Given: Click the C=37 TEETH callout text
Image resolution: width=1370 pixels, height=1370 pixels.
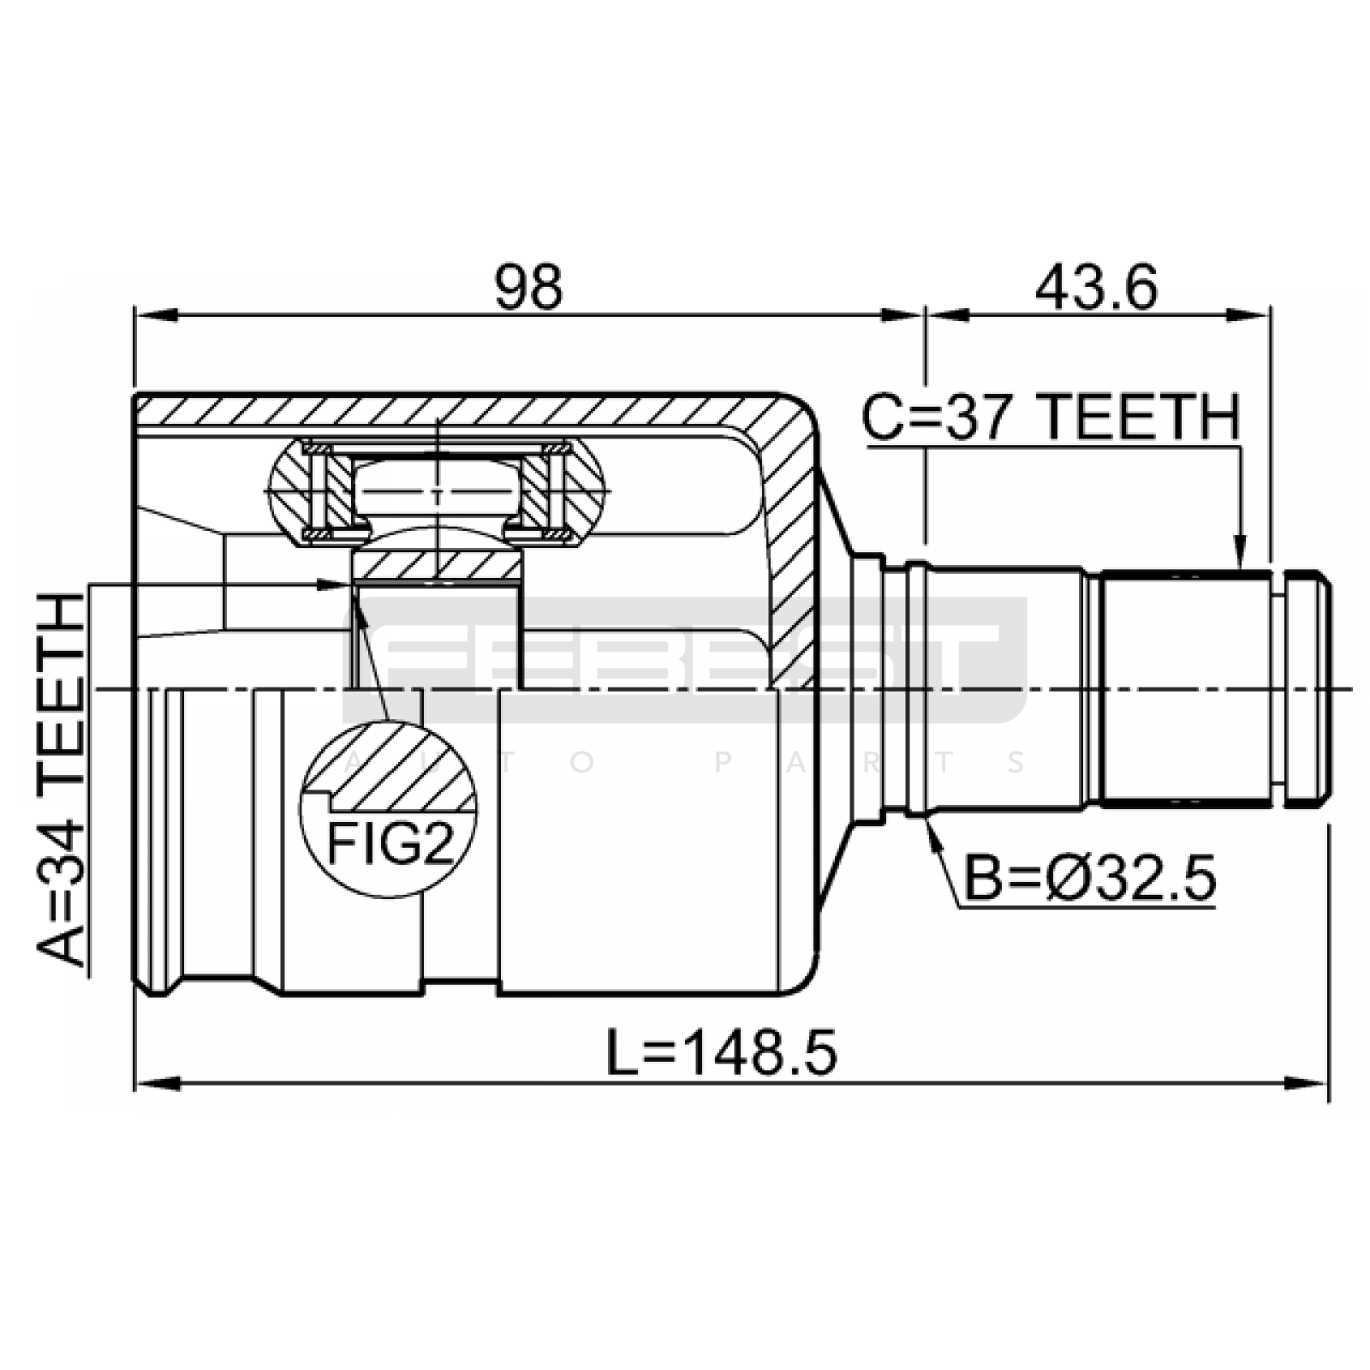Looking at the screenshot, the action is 1051,417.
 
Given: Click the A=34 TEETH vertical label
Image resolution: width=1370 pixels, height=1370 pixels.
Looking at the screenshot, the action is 61,780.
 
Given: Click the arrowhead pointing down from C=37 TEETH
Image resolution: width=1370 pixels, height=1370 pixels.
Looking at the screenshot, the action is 1239,551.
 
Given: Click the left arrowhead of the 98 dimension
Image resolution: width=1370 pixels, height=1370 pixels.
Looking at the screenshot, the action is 155,315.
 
